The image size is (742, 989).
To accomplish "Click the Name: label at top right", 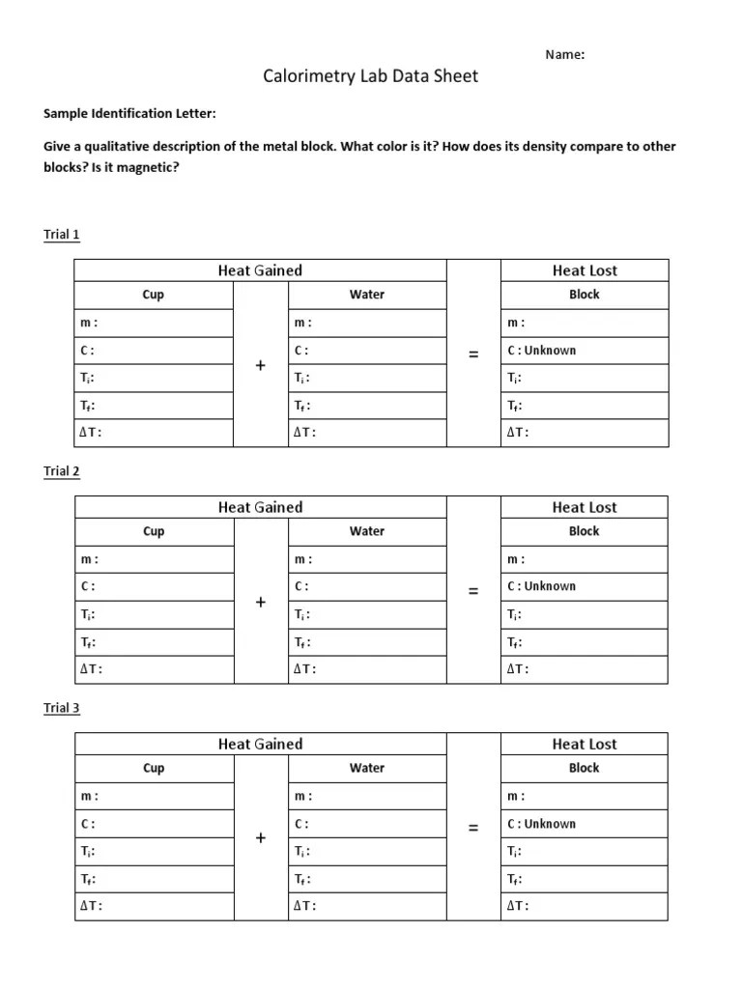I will (x=565, y=55).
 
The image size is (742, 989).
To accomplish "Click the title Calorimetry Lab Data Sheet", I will (x=371, y=76).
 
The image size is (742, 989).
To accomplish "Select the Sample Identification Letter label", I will (x=129, y=114).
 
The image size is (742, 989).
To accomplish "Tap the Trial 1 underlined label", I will (x=62, y=235).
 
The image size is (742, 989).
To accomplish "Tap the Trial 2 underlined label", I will (x=62, y=471).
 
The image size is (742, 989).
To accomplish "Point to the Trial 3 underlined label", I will (x=62, y=708).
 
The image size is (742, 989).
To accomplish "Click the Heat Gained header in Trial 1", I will (x=260, y=270).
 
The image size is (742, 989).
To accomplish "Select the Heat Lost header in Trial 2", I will (x=584, y=507).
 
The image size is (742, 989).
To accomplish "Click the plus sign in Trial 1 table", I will (x=260, y=365).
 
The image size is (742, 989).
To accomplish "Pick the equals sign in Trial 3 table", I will (x=473, y=828).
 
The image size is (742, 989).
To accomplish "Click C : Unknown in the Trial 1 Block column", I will (x=541, y=351).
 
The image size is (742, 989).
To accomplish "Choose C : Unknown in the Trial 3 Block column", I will (x=541, y=824).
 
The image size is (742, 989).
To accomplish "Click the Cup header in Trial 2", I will (x=154, y=531).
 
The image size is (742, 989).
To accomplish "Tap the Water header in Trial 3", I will (x=367, y=768).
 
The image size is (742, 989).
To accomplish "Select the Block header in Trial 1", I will (x=584, y=295).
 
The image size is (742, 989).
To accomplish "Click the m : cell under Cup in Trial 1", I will (x=154, y=323).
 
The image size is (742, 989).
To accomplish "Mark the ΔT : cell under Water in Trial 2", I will (x=367, y=669).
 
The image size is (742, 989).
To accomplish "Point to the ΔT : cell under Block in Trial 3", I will (x=584, y=906).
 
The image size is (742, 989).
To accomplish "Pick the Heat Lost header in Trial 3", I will (x=584, y=744).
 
